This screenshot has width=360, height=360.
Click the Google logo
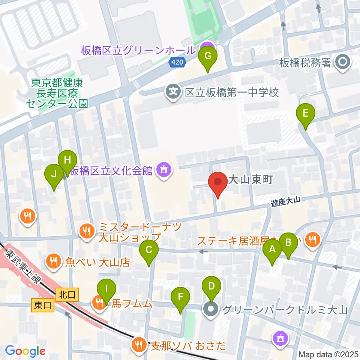pyautogui.click(x=25, y=351)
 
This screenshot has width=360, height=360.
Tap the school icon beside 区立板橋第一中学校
pyautogui.click(x=173, y=92)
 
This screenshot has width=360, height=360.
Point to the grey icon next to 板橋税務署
pyautogui.click(x=343, y=62)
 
